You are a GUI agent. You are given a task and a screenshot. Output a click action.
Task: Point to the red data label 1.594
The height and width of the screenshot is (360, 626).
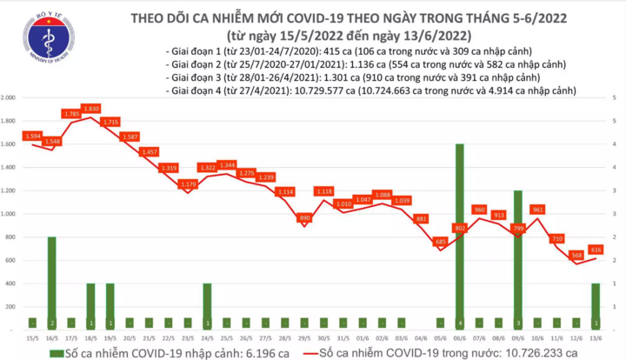(33, 137)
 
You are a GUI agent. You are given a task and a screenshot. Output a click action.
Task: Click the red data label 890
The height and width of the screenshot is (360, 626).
(304, 217)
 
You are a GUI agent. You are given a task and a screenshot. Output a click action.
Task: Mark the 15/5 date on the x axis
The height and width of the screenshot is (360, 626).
(32, 337)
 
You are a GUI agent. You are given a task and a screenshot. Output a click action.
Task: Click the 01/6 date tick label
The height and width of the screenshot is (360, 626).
(363, 337)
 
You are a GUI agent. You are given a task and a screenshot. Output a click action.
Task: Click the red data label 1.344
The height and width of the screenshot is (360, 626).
(227, 165)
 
